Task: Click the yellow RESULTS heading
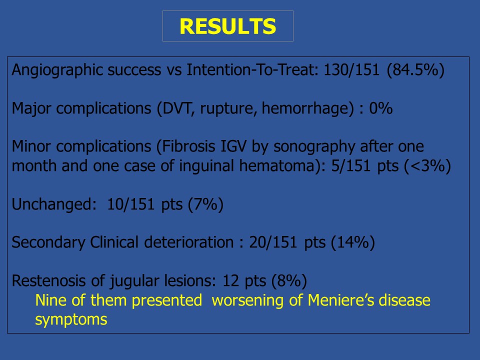tap(228, 26)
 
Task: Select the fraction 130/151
tap(351, 69)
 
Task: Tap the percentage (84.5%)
tap(415, 70)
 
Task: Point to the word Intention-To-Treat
tap(252, 69)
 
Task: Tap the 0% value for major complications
tap(381, 108)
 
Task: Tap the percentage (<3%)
tap(427, 166)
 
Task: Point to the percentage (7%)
tap(205, 204)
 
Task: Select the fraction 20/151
tap(273, 242)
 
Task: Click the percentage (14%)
tap(352, 243)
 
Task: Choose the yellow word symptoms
tap(71, 320)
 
